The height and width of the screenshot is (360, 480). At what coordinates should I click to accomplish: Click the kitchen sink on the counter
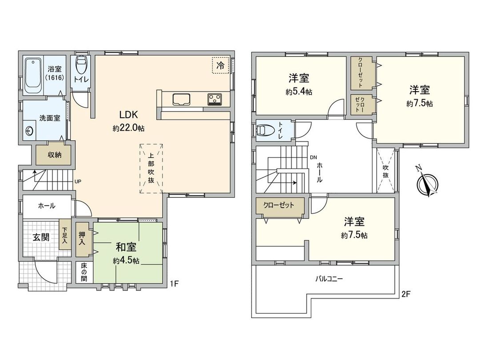pyautogui.click(x=181, y=99)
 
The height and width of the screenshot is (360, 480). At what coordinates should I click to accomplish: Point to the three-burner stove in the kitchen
pyautogui.click(x=215, y=99)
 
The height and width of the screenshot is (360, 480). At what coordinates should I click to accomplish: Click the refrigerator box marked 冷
pyautogui.click(x=220, y=65)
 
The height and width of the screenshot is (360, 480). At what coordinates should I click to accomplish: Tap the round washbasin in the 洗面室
pyautogui.click(x=29, y=131)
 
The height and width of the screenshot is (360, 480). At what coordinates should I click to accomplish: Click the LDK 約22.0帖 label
pyautogui.click(x=128, y=120)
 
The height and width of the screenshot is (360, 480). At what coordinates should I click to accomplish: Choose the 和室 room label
pyautogui.click(x=126, y=248)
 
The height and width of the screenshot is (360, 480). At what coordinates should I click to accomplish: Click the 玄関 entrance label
pyautogui.click(x=40, y=237)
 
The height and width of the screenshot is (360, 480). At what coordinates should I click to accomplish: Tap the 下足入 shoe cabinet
pyautogui.click(x=64, y=235)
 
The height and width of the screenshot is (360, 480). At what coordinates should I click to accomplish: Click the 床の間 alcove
pyautogui.click(x=84, y=272)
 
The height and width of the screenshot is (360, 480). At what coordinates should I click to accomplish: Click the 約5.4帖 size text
pyautogui.click(x=299, y=92)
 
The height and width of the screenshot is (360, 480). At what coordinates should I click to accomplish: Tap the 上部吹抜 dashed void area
pyautogui.click(x=152, y=168)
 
